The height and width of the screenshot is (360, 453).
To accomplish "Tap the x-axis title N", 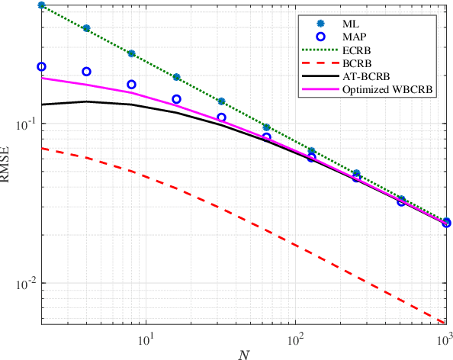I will click(243, 354).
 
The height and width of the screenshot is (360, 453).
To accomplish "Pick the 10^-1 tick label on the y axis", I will click(23, 124).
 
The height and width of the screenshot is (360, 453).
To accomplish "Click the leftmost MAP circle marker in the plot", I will click(42, 67).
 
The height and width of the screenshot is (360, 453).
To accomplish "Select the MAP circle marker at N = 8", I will click(131, 85).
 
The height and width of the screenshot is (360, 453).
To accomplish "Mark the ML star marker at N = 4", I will click(87, 28).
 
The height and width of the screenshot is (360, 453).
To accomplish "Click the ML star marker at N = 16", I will click(176, 77).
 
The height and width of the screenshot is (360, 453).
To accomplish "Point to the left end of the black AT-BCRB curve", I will click(42, 104).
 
